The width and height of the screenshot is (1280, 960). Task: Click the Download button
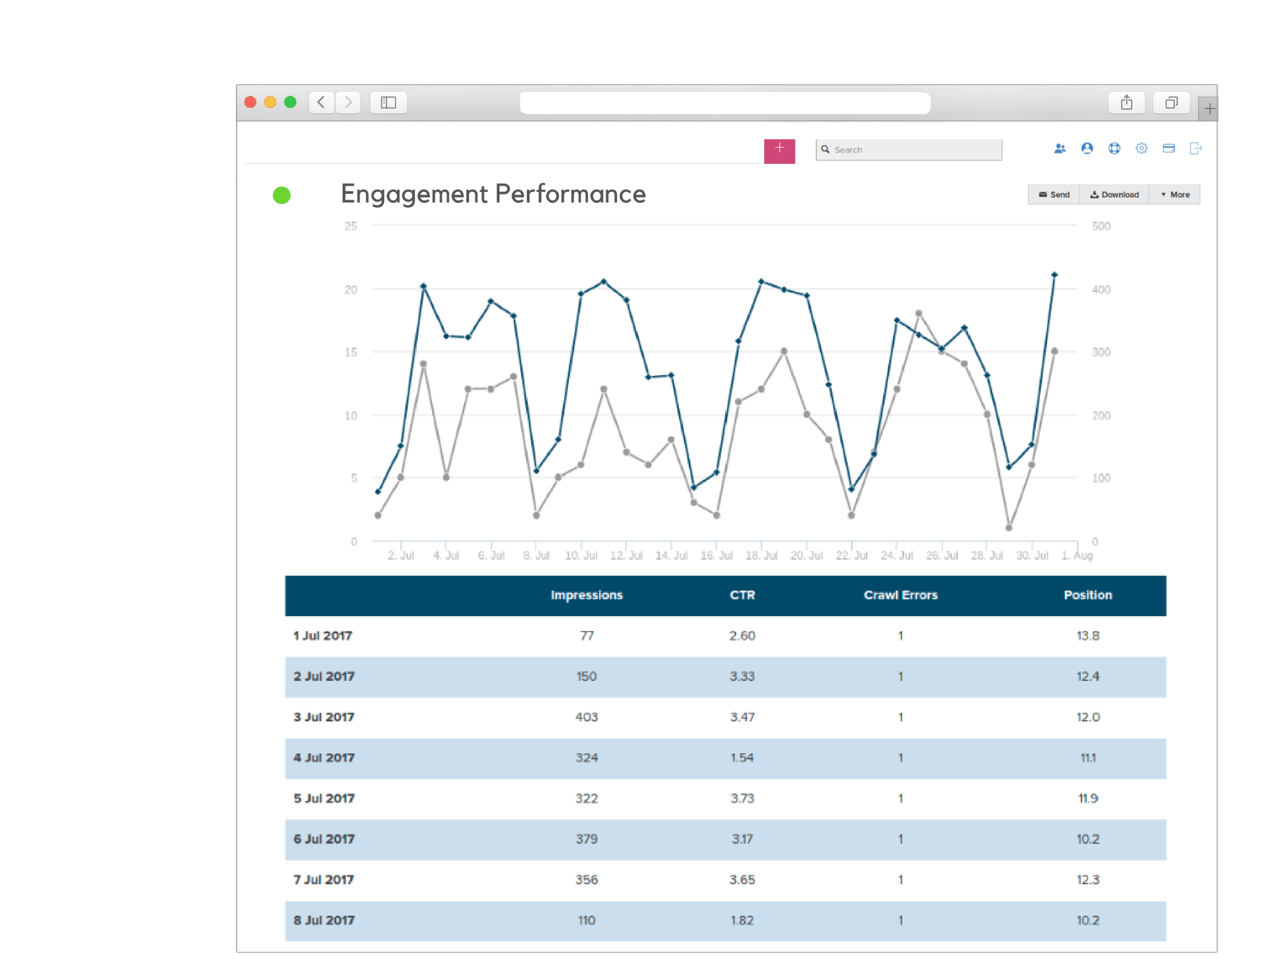[x=1114, y=195]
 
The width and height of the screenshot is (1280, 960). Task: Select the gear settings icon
[x=1141, y=148]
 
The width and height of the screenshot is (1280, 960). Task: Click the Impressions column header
[x=586, y=595]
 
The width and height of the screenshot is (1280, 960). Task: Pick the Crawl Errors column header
[x=900, y=595]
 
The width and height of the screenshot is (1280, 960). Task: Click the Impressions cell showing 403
[x=586, y=717]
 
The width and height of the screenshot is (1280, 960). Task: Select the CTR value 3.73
[x=742, y=798]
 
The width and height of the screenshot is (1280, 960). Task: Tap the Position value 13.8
[x=1087, y=636]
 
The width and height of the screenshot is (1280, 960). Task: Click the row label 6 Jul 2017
[x=324, y=839]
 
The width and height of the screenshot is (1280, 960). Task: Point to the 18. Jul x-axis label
[x=761, y=556]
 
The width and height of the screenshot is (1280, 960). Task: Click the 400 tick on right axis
[x=1101, y=289]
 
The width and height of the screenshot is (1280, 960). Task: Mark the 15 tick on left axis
[x=351, y=352]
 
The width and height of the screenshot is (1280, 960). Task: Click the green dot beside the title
[x=282, y=195]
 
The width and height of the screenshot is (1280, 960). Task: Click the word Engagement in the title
[x=413, y=194]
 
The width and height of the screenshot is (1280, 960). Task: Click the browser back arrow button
[x=321, y=102]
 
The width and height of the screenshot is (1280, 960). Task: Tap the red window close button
[x=251, y=102]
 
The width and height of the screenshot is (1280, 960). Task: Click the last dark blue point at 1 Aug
[x=1054, y=275]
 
